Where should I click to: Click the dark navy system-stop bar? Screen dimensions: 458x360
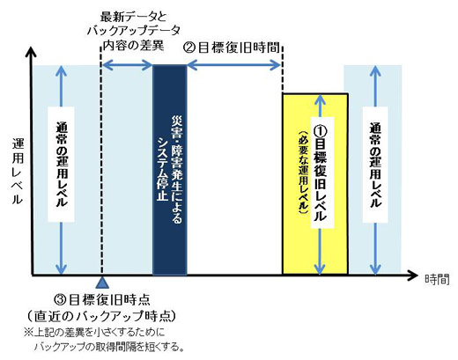point(170,170)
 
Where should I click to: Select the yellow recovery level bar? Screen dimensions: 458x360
point(315,184)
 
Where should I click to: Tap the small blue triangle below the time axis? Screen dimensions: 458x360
point(102,283)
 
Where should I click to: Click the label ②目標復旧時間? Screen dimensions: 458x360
point(231,48)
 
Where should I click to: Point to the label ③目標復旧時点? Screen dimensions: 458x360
point(102,299)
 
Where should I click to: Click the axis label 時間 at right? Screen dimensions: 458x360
point(437,279)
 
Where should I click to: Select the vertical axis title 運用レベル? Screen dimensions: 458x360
point(18,172)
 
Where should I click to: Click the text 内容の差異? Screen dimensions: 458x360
point(133,46)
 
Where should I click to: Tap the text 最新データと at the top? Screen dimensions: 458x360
point(133,17)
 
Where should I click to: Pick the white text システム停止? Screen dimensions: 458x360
point(162,169)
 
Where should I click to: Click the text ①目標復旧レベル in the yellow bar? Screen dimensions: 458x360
point(320,173)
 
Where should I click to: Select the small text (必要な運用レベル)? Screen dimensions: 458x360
point(304,173)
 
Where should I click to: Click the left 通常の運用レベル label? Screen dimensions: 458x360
point(62,165)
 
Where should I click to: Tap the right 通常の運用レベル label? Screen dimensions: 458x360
point(375,165)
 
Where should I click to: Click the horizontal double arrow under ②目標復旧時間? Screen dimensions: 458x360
point(234,65)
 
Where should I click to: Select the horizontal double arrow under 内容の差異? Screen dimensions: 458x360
point(128,65)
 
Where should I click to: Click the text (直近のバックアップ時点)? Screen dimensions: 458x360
point(102,316)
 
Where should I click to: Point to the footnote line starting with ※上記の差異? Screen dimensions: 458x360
point(94,333)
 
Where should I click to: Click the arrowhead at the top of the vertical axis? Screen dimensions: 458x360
point(31,51)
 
